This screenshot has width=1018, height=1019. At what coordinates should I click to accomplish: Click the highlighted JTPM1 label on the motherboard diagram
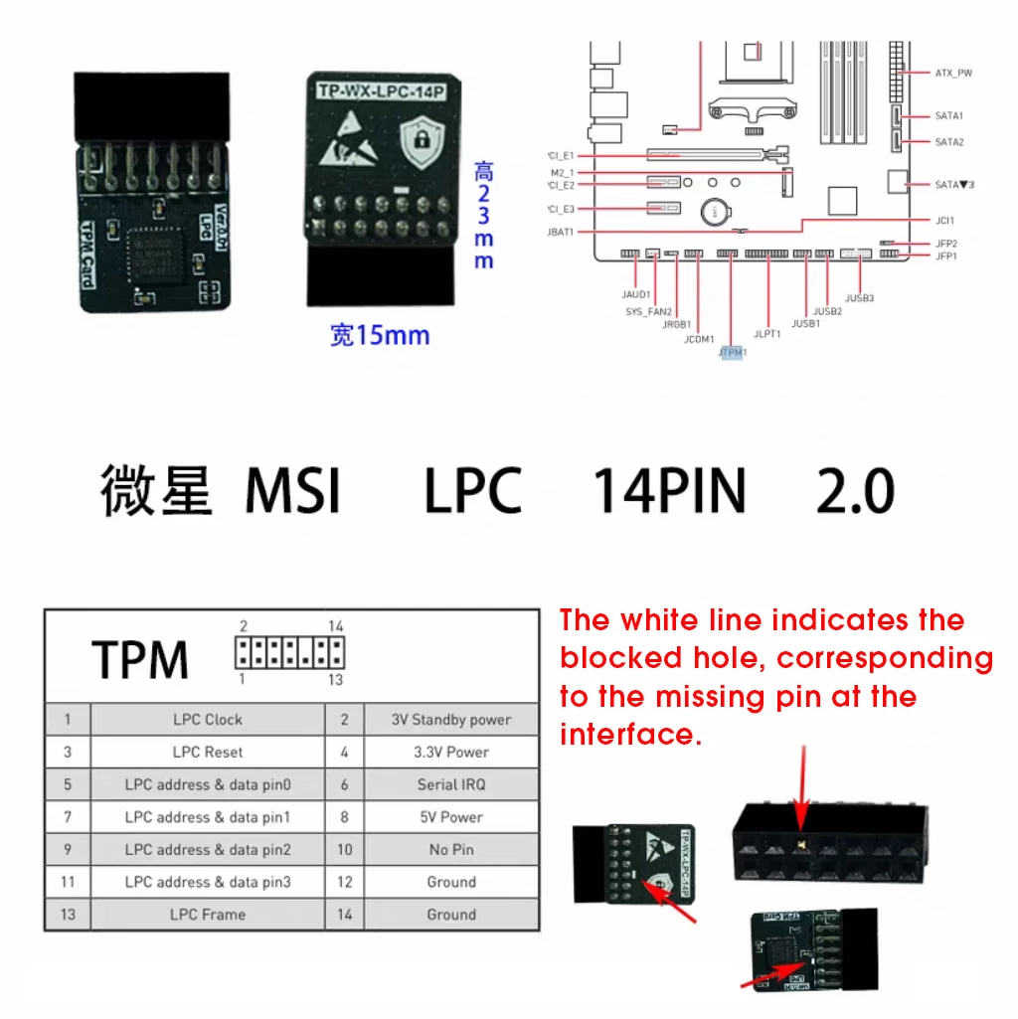[x=732, y=352]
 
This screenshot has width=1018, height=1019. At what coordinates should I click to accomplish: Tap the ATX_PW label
[x=953, y=74]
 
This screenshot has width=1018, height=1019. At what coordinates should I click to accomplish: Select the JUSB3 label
[x=859, y=297]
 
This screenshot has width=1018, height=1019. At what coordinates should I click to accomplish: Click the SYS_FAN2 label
[x=649, y=311]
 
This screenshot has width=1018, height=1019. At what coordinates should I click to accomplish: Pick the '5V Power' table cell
[x=451, y=817]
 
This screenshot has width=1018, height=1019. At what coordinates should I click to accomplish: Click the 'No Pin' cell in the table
[x=451, y=850]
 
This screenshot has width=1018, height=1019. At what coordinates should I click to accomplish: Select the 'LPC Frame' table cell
[x=208, y=915]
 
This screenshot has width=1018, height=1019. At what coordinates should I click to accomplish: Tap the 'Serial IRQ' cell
[x=451, y=784]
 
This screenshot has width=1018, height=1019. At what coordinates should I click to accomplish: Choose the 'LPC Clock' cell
[x=208, y=720]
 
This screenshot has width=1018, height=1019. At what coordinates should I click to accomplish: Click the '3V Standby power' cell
[x=451, y=720]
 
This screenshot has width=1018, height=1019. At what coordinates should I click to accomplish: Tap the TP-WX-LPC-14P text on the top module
[x=380, y=91]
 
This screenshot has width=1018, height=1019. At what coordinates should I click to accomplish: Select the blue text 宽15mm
[x=380, y=335]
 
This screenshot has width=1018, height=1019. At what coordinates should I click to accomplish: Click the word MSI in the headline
[x=293, y=491]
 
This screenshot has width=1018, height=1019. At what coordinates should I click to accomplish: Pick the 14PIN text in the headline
[x=669, y=491]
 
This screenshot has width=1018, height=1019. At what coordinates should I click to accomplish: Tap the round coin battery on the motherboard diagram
[x=713, y=211]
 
